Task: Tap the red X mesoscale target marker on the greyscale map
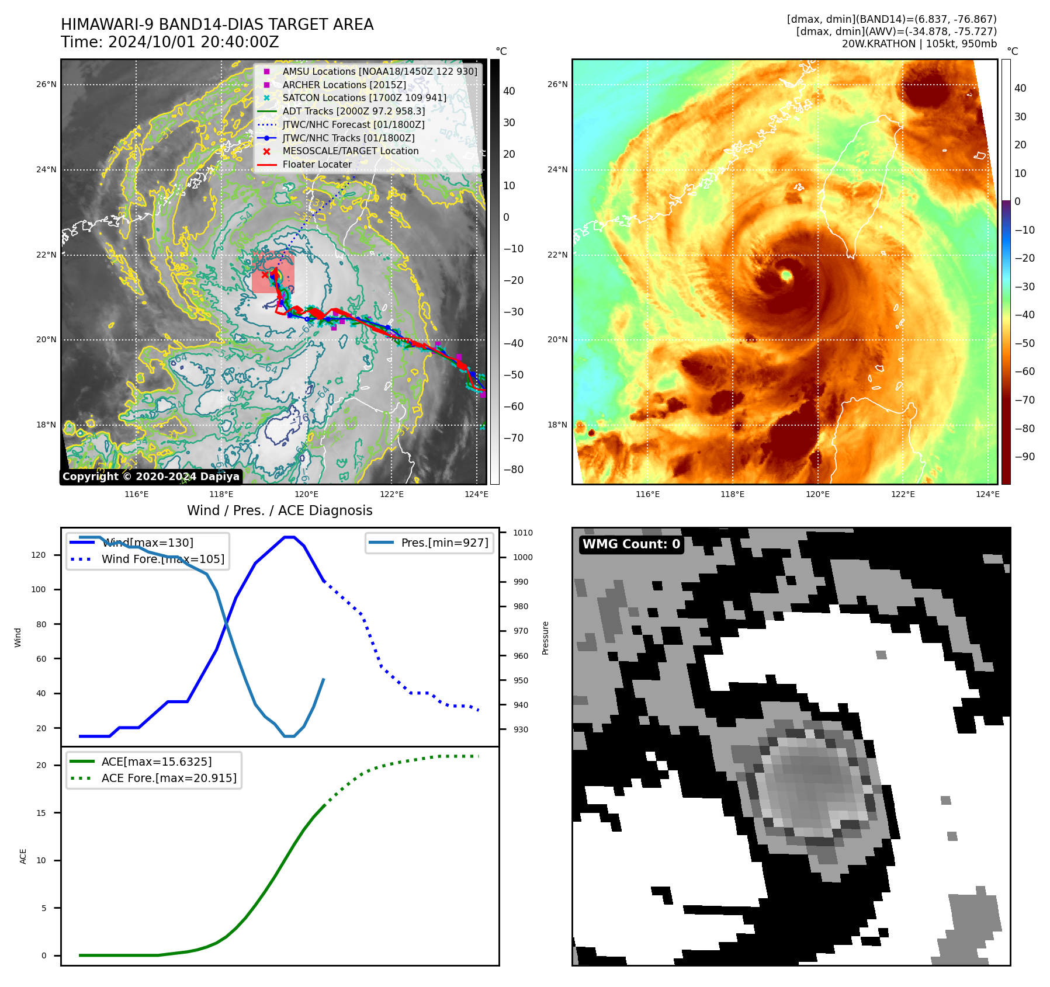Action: tap(265, 274)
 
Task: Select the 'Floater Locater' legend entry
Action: tap(317, 165)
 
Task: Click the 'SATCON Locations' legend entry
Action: tap(364, 98)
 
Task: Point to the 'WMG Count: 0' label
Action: tap(631, 544)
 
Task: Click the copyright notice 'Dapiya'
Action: tap(151, 477)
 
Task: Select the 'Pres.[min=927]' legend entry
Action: tap(444, 543)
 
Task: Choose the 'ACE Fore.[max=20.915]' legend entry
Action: tap(168, 779)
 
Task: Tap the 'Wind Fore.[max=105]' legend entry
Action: tap(162, 559)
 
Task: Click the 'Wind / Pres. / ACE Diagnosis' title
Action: tap(279, 510)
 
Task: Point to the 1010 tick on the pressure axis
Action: tap(522, 533)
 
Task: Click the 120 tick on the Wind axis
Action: tap(39, 555)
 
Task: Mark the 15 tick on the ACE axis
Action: tap(41, 813)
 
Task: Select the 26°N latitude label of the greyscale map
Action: tap(46, 85)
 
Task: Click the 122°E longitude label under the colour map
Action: tap(902, 495)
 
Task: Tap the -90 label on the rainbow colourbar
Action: tap(1024, 457)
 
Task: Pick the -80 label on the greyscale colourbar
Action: tap(514, 470)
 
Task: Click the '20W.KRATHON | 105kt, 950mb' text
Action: tap(919, 44)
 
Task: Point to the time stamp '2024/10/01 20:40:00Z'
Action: tap(193, 43)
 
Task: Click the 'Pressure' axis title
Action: tap(545, 638)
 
